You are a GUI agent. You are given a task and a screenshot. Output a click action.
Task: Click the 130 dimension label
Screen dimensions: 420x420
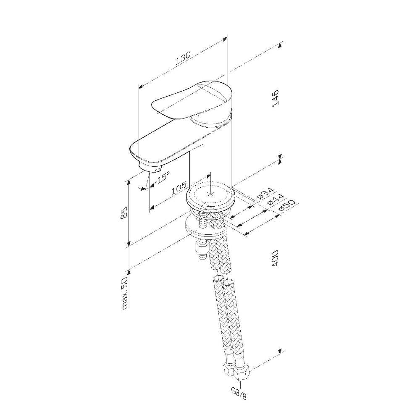(x=183, y=58)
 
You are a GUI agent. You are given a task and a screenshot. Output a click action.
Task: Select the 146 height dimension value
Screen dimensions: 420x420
(x=276, y=99)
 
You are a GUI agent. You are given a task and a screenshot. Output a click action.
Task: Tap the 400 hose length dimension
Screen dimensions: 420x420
(x=276, y=258)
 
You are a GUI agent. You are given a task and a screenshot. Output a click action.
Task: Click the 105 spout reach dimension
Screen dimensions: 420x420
(x=178, y=188)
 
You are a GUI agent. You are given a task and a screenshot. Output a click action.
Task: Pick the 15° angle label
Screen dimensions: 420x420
(x=163, y=177)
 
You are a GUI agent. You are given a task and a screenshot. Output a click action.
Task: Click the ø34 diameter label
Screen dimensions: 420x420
(x=265, y=193)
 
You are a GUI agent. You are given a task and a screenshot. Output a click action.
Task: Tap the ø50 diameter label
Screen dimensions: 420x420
(x=286, y=205)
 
